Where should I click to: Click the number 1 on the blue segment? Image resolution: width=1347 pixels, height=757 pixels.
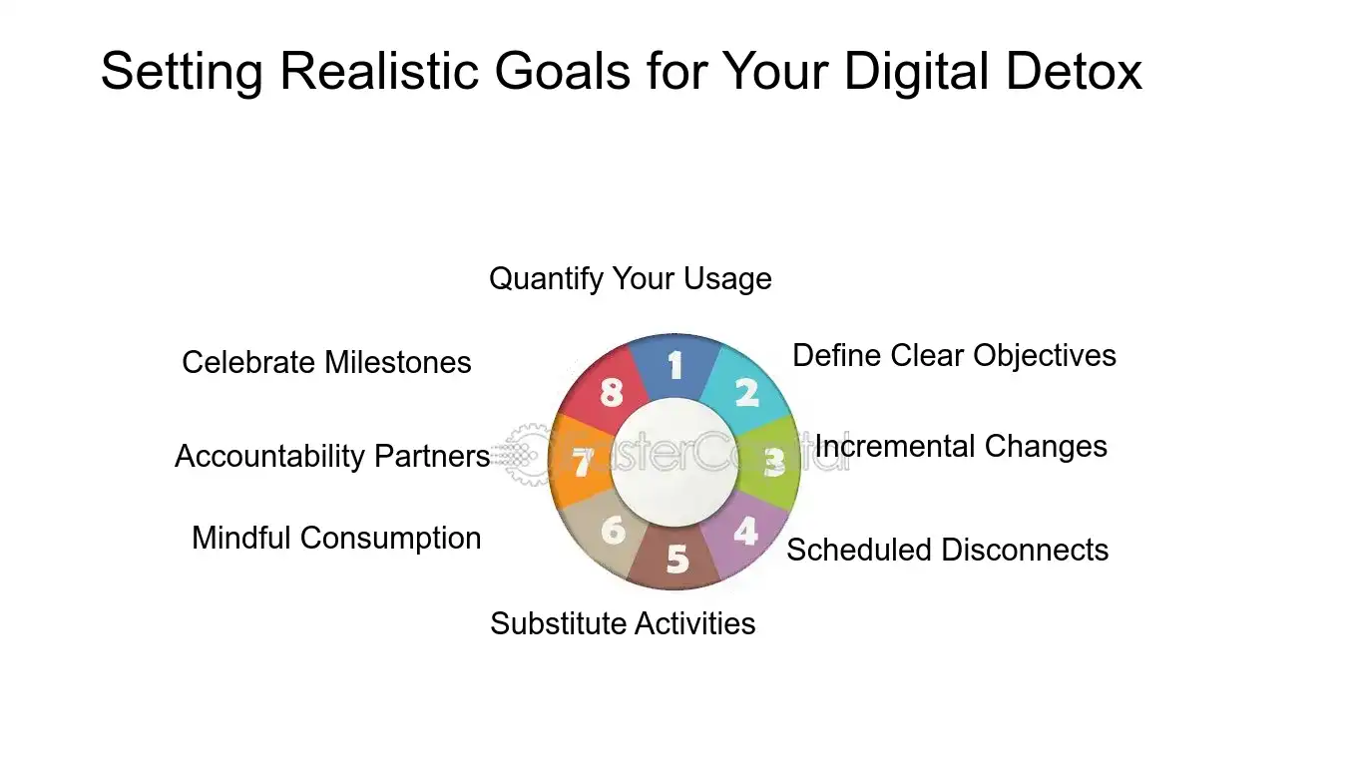675,365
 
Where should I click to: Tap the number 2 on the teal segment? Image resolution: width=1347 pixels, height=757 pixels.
747,393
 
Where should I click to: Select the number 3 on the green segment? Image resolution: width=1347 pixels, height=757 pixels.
774,463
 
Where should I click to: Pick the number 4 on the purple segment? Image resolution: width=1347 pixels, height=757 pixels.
745,531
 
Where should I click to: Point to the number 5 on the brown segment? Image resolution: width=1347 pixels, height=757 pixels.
677,559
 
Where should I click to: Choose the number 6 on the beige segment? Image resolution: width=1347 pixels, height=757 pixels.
614,530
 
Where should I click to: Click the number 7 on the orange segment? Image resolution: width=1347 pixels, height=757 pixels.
582,463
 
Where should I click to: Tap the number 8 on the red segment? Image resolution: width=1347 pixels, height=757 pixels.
612,393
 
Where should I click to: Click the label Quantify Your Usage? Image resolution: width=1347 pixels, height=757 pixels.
631,279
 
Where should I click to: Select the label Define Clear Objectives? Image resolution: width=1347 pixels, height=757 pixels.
954,355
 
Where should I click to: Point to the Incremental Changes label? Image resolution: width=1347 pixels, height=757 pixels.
961,447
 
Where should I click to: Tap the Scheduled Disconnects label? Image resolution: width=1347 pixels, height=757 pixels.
948,550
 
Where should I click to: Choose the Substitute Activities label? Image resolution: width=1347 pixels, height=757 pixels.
623,623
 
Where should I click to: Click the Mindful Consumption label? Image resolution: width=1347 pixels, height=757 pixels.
337,538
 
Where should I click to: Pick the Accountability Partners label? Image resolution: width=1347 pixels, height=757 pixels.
332,456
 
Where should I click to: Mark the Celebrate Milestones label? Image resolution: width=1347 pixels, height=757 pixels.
326,363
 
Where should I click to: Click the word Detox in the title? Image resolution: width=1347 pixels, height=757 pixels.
1074,71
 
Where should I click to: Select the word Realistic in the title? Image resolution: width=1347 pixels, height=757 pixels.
379,71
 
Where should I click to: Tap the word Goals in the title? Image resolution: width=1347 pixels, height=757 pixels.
563,71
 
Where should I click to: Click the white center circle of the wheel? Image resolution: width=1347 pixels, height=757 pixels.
674,463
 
